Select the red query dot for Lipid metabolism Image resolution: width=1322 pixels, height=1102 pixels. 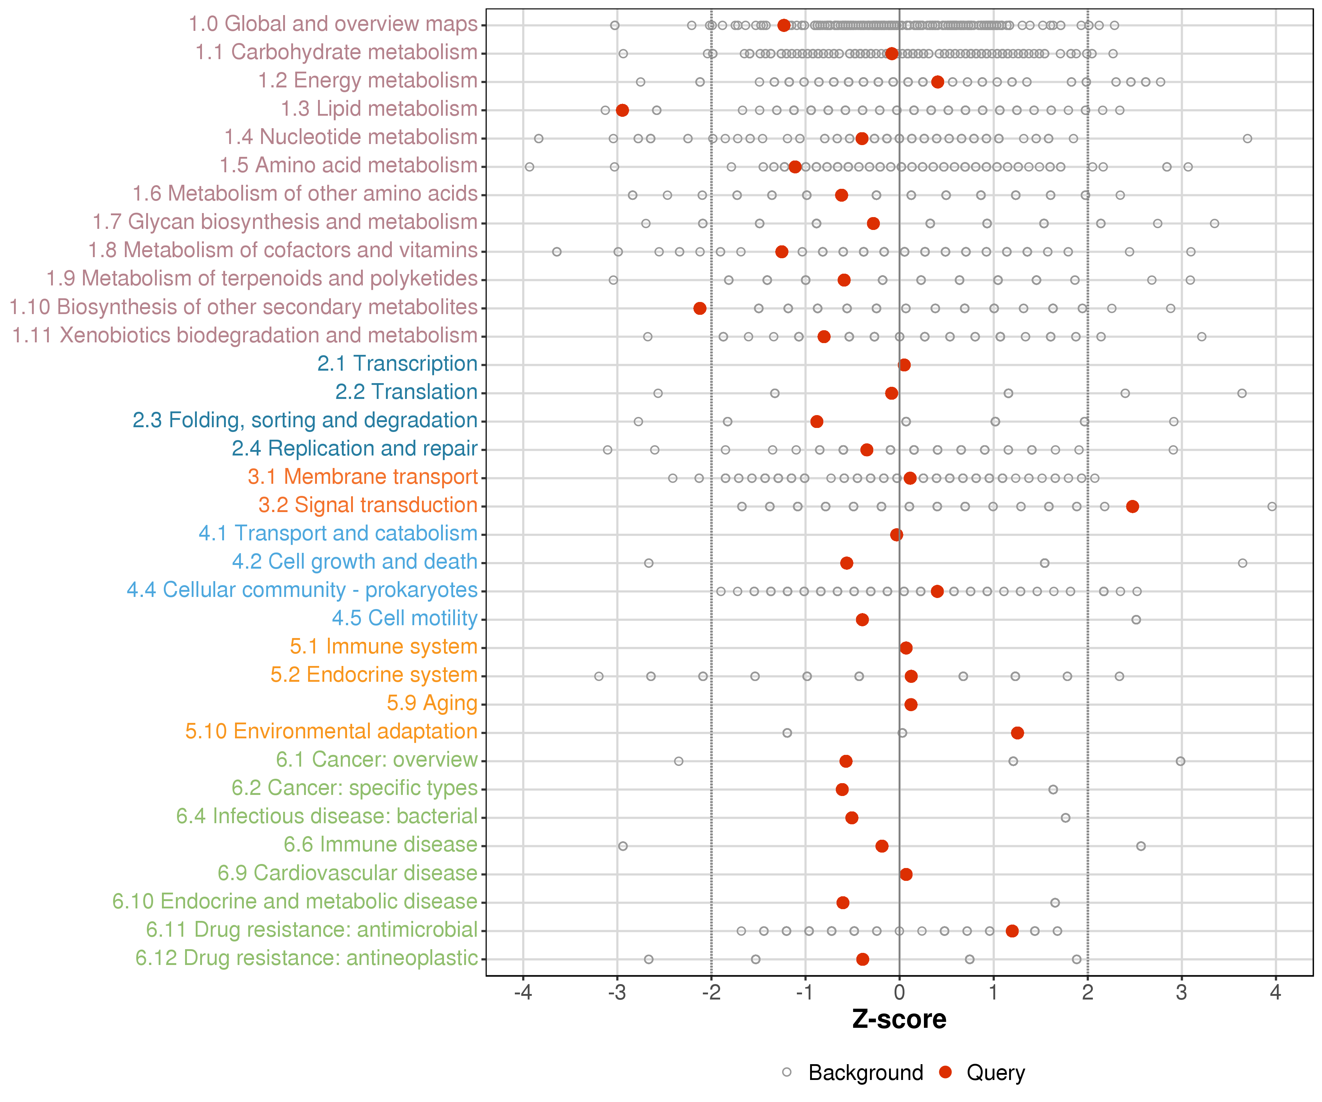[x=622, y=110]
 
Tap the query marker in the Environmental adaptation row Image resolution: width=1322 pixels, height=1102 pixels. [x=1017, y=732]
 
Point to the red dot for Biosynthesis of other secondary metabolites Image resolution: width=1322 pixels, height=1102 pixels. [x=700, y=308]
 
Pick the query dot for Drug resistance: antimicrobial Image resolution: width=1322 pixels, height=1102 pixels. [x=1012, y=931]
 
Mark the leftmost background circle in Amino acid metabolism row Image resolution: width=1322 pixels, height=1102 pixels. [x=530, y=167]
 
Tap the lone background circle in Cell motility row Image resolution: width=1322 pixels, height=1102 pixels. [x=1136, y=620]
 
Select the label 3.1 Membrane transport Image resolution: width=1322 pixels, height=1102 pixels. [x=362, y=477]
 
